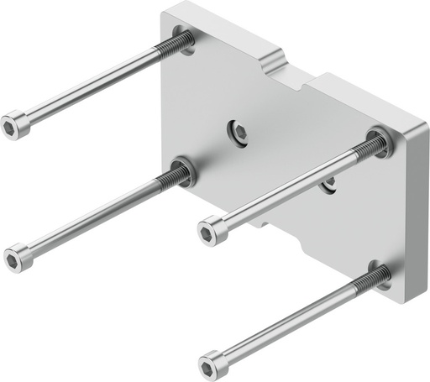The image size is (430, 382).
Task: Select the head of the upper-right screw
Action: click(x=212, y=229)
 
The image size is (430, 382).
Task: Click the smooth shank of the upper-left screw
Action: click(x=92, y=86)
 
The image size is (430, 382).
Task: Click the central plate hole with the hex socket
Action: click(x=239, y=131)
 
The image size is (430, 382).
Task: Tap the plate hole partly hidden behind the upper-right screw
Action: click(x=330, y=181)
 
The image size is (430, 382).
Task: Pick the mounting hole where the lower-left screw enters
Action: click(x=184, y=171)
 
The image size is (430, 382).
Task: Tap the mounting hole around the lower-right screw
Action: click(x=384, y=275)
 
